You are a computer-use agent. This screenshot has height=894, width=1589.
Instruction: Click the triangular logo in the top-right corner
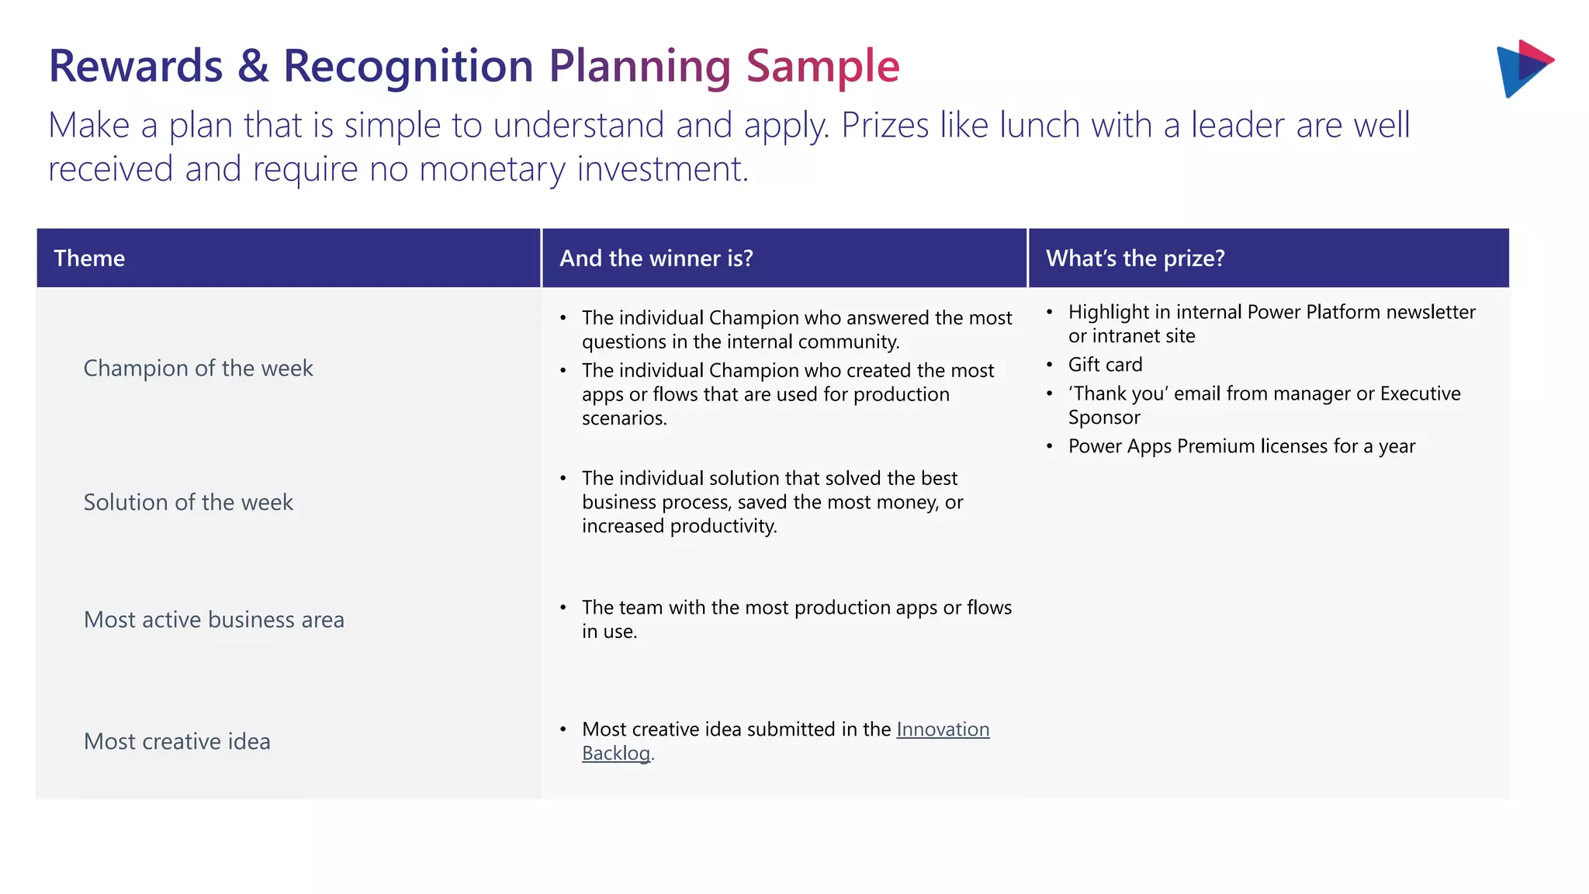(x=1523, y=68)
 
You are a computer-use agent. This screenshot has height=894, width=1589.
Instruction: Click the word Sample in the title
(x=822, y=67)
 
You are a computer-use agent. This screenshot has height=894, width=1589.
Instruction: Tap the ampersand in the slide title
(x=253, y=67)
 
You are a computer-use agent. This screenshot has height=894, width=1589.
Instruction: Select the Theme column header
(x=89, y=258)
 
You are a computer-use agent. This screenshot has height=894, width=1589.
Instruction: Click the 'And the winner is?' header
(x=656, y=258)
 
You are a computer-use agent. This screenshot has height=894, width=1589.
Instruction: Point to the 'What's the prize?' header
(x=1135, y=258)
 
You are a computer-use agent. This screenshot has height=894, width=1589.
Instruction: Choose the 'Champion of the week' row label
(x=198, y=368)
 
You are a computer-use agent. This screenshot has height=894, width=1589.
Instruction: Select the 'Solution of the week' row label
(x=189, y=502)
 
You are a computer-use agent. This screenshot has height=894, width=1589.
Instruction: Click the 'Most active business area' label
(x=214, y=619)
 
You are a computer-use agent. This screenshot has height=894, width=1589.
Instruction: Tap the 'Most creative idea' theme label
(x=177, y=741)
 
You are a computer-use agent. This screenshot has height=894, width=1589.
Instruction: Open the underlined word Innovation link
(x=943, y=729)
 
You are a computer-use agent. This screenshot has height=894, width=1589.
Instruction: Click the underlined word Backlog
(x=616, y=754)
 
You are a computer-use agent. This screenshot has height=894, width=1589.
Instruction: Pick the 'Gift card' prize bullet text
(x=1105, y=365)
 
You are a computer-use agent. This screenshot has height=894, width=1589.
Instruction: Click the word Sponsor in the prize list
(x=1104, y=418)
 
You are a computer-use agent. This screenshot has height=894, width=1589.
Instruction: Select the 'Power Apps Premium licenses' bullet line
(x=1241, y=446)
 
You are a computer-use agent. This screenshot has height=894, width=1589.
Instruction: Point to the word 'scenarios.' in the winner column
(x=624, y=418)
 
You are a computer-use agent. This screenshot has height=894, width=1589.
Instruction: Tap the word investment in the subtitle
(x=662, y=169)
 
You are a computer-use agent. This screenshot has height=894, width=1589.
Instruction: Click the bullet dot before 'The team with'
(x=563, y=608)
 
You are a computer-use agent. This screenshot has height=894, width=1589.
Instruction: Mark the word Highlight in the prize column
(x=1109, y=312)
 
